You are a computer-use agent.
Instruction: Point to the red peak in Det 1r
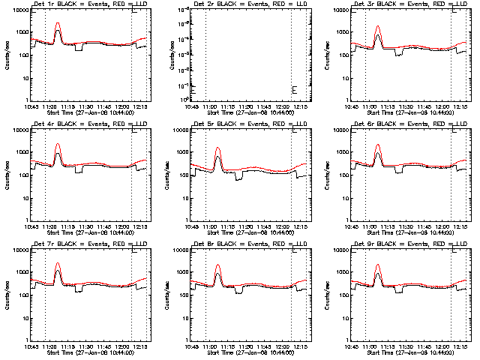58,23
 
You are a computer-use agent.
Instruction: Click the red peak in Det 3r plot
378,27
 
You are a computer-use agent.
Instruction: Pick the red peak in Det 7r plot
58,263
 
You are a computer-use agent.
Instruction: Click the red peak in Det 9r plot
378,265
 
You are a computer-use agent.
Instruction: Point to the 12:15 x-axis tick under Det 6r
459,226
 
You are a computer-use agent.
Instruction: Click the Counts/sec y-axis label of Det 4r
6,174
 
